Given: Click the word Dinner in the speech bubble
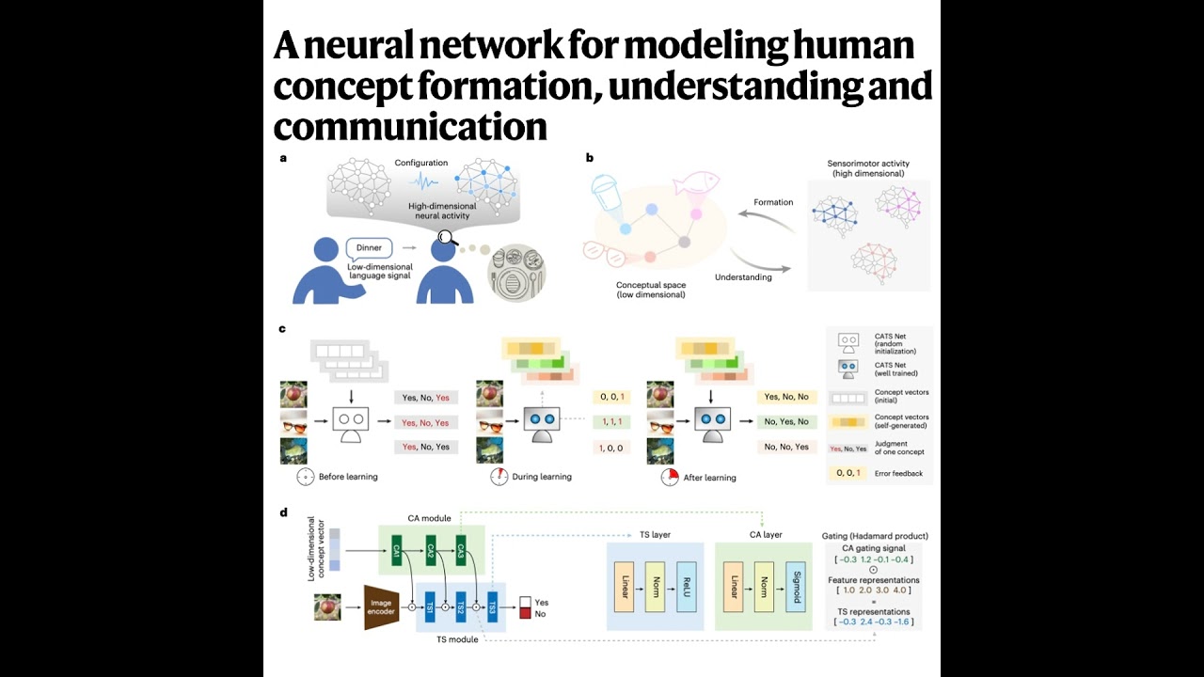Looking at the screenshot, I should (x=369, y=248).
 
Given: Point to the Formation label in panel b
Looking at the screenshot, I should (x=773, y=202).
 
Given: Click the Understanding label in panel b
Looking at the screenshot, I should (x=743, y=277).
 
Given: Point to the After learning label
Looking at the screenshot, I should (x=709, y=478).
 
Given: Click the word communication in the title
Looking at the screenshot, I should (x=410, y=125).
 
